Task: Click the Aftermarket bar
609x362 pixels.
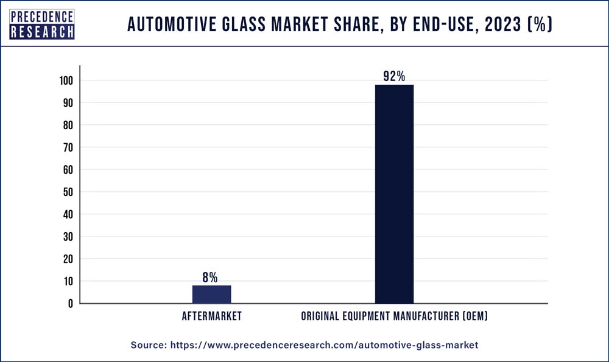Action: coord(211,294)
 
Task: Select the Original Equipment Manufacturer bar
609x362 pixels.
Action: coord(394,194)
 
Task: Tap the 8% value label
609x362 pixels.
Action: coord(210,277)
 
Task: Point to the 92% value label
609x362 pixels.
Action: coord(394,76)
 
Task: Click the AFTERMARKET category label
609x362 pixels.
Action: coord(211,316)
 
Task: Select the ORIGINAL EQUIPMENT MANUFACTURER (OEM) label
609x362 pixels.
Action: coord(394,316)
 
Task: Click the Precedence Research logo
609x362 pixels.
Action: coord(42,25)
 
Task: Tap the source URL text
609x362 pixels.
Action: coord(304,345)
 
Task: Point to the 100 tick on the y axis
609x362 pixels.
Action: coord(66,80)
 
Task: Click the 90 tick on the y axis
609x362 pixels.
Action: coord(68,103)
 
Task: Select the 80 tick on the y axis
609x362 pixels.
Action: coord(68,125)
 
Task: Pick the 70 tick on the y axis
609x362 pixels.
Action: coord(68,147)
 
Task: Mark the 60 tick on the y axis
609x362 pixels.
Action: coord(68,169)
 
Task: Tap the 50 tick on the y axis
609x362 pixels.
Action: coord(68,192)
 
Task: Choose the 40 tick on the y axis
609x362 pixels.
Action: coord(68,215)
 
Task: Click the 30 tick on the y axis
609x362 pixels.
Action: coord(68,236)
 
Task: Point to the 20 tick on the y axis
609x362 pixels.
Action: coord(68,259)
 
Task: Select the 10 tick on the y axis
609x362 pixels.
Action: coord(68,281)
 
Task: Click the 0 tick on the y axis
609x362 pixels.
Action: coord(71,303)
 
